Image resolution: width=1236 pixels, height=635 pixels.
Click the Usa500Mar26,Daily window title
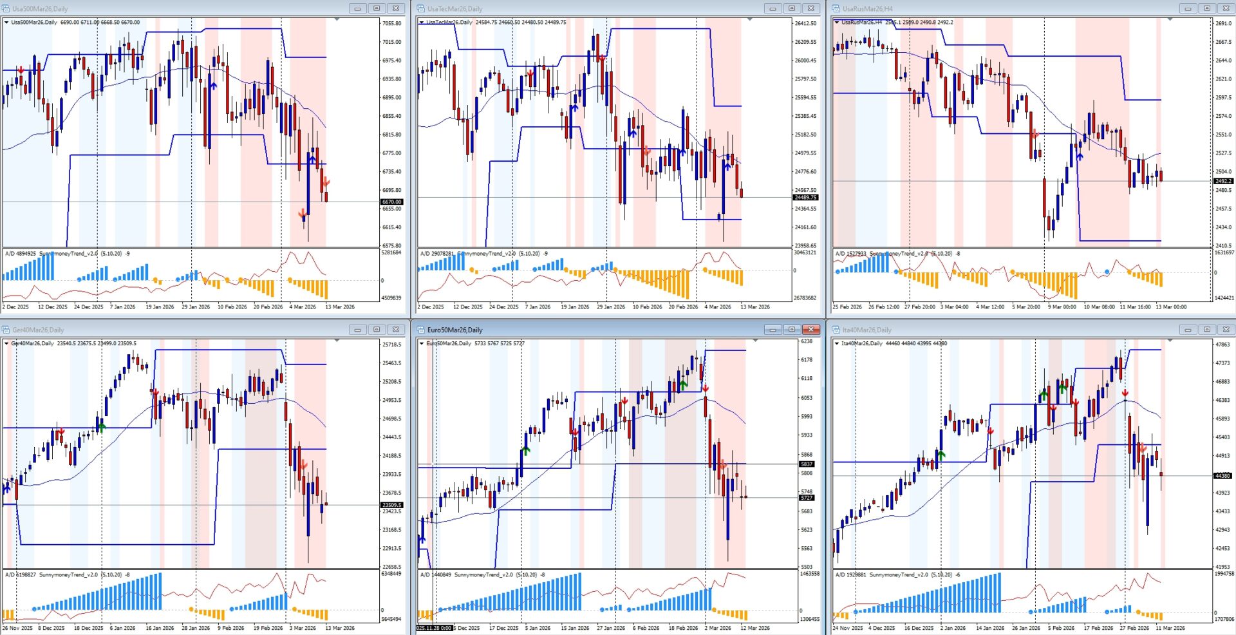(39, 9)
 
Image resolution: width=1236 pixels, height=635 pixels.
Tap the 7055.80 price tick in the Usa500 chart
(391, 23)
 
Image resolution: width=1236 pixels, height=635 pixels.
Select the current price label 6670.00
(391, 202)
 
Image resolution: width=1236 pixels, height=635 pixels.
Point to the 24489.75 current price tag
(805, 198)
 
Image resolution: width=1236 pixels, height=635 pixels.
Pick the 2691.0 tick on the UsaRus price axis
(1223, 23)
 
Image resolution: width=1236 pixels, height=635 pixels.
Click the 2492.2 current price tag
(1223, 181)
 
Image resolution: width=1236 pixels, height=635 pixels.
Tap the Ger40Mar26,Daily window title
(38, 330)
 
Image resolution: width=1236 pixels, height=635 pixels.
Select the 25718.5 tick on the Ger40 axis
(391, 345)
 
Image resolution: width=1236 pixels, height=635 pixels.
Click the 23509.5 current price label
(391, 505)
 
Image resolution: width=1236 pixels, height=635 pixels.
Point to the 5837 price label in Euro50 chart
(807, 464)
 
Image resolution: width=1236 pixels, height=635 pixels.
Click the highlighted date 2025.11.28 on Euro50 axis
(434, 628)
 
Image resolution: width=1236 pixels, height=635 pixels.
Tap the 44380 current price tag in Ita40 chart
(1222, 476)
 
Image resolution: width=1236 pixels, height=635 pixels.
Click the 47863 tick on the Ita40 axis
(1222, 345)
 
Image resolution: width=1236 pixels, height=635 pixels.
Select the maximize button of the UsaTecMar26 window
(792, 8)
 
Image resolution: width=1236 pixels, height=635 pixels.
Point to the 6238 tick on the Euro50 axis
(806, 341)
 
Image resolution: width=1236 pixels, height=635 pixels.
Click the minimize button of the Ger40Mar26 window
(357, 330)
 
